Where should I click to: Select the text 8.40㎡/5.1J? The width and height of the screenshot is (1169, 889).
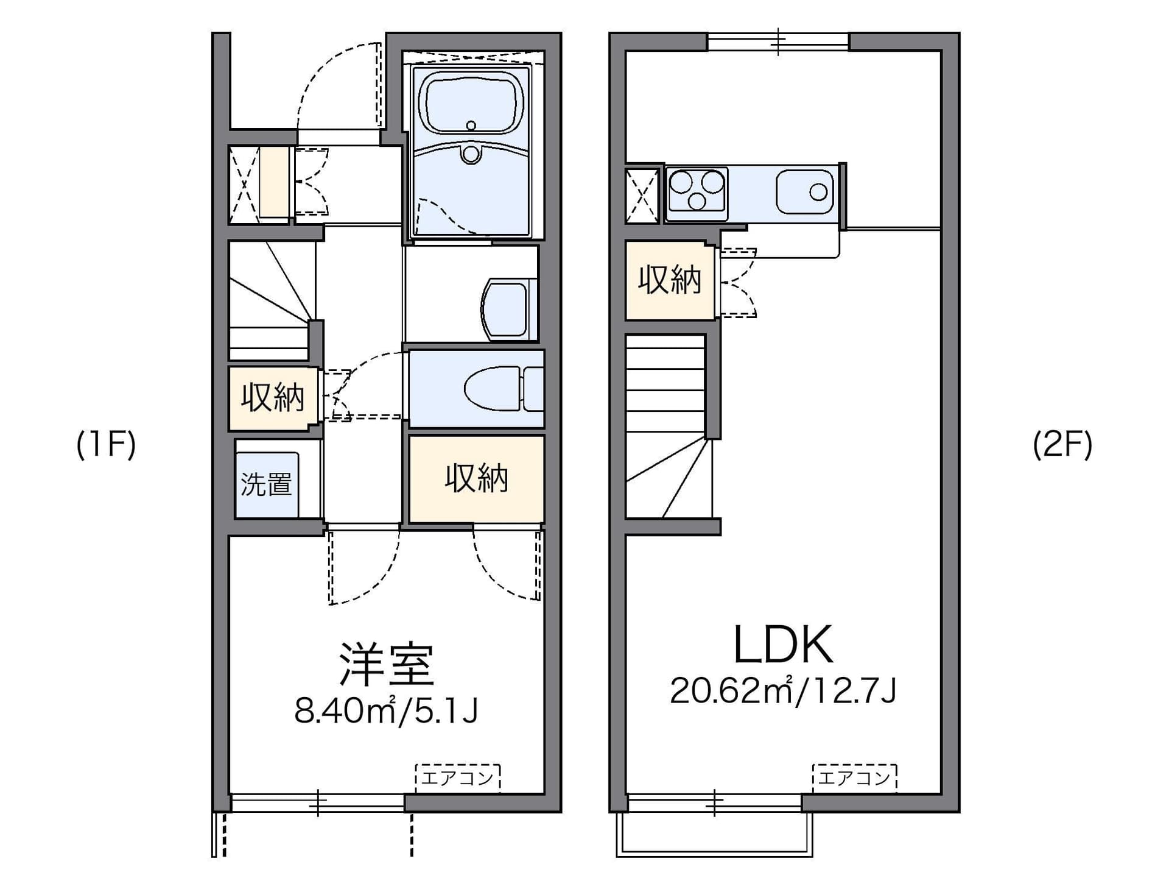[386, 710]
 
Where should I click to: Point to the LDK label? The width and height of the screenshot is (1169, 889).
[783, 645]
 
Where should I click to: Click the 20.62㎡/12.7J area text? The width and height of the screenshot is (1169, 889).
[783, 690]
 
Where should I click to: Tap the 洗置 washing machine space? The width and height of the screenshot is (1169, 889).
[267, 485]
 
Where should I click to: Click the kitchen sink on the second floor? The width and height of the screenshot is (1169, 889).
[804, 192]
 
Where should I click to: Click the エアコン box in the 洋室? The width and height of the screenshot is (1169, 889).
[458, 777]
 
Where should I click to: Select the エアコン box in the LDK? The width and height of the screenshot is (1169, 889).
[854, 777]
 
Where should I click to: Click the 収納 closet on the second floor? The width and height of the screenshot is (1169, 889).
[670, 280]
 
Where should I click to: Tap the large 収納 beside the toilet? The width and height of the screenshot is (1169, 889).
[476, 479]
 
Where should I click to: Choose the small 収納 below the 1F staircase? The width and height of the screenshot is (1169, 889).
[273, 398]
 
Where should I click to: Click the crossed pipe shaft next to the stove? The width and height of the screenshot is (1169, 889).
[642, 196]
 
